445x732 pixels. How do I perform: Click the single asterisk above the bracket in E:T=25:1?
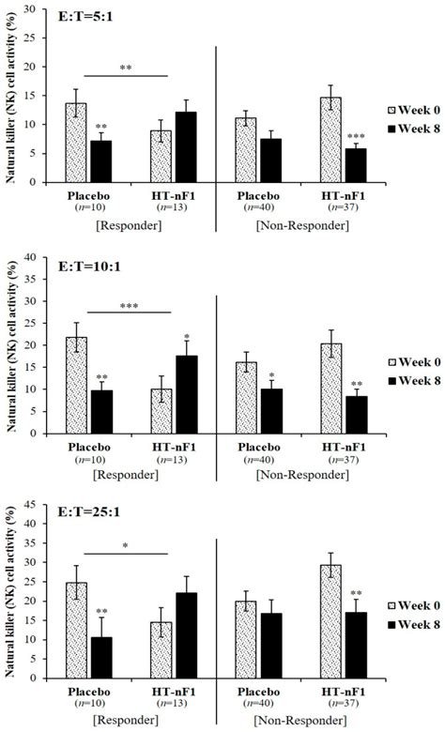pos(126,542)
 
